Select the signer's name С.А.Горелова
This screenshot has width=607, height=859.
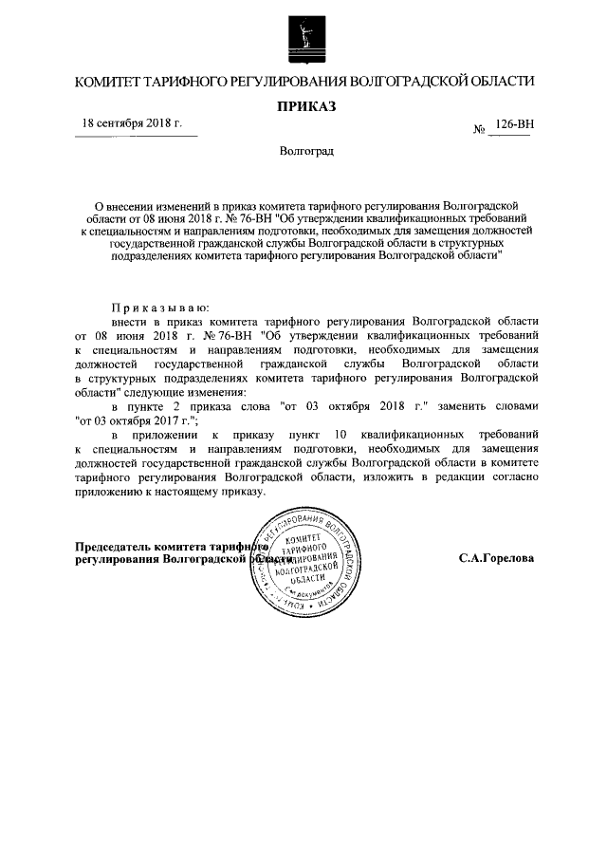pyautogui.click(x=496, y=559)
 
